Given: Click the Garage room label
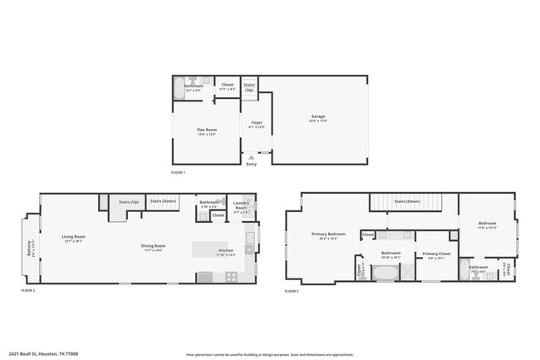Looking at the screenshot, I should [x=317, y=117].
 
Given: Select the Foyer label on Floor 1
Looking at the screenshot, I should [x=258, y=124].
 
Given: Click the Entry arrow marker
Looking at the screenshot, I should [x=251, y=156].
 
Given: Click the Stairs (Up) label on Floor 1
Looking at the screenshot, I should [x=249, y=86].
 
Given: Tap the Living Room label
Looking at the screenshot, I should [x=74, y=238].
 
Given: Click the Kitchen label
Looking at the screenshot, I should [x=225, y=252].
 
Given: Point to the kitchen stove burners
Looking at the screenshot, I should [x=204, y=277].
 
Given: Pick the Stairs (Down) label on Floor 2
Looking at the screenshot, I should [x=162, y=200].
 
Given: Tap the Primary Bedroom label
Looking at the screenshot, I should [x=328, y=235].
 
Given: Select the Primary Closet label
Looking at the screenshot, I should [x=436, y=254].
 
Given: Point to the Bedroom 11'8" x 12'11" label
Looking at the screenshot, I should [x=488, y=224].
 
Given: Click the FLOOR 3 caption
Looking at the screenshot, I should [x=292, y=291].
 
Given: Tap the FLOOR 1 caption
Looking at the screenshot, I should [x=178, y=172].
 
